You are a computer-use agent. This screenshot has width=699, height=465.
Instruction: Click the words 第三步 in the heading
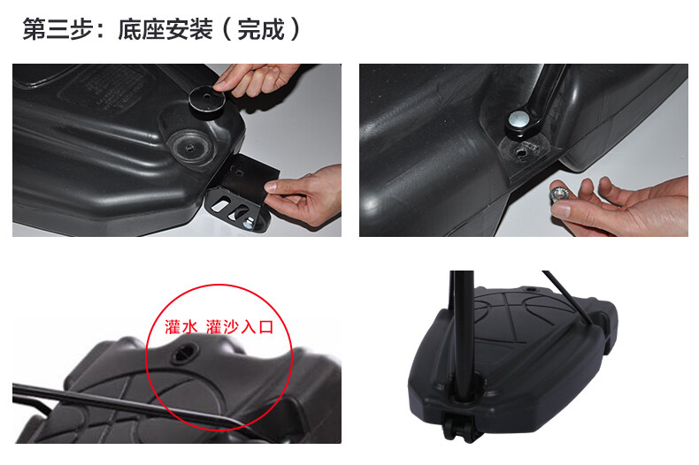click(58, 29)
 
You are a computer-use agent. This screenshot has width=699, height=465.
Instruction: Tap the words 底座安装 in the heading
click(165, 29)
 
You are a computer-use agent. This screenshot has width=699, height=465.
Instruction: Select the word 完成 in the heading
click(261, 29)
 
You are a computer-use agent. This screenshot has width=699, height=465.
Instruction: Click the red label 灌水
click(181, 326)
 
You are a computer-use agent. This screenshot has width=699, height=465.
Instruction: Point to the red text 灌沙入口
click(240, 326)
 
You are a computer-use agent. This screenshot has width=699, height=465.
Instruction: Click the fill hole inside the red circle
click(183, 354)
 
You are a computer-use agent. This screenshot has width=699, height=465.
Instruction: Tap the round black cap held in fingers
click(207, 101)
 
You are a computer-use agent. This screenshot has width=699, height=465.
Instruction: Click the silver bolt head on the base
click(518, 118)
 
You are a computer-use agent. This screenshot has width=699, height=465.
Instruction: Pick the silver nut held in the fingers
click(557, 194)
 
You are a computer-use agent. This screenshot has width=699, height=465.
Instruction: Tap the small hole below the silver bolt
click(520, 152)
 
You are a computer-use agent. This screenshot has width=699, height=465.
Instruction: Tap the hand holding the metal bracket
click(306, 194)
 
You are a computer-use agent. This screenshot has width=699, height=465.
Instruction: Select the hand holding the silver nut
click(619, 206)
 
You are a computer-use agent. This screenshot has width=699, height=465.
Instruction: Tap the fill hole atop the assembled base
click(531, 290)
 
